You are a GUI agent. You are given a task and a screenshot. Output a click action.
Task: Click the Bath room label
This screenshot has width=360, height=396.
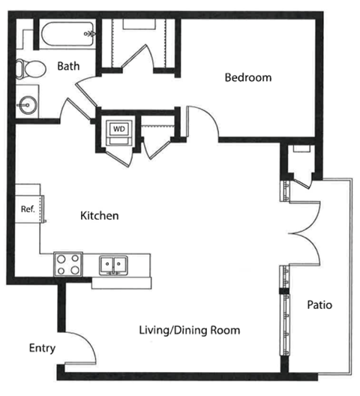click(x=68, y=66)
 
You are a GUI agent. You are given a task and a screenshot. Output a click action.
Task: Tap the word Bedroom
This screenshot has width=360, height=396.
click(x=248, y=77)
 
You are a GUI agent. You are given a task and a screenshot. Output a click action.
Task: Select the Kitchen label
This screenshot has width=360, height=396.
click(x=100, y=216)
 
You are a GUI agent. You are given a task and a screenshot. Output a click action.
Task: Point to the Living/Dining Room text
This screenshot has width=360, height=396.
click(x=190, y=330)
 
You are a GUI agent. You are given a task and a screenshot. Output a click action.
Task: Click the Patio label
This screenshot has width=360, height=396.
click(x=319, y=304)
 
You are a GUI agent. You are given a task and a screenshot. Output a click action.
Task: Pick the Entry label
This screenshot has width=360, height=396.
click(x=42, y=349)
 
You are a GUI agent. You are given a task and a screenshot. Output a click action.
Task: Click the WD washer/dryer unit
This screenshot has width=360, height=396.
click(x=119, y=133)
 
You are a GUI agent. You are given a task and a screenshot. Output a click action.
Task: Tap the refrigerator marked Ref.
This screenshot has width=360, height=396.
click(x=28, y=209)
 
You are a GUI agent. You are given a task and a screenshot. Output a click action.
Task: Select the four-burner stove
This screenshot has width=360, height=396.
click(x=68, y=265)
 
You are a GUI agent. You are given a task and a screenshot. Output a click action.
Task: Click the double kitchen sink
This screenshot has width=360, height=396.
click(x=113, y=265)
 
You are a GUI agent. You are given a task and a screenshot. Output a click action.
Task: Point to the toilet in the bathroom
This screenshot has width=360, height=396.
click(x=31, y=69)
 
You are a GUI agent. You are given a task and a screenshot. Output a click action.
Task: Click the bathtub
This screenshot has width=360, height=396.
click(x=67, y=34)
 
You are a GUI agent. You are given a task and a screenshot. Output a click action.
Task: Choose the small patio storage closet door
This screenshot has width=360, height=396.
click(x=302, y=184)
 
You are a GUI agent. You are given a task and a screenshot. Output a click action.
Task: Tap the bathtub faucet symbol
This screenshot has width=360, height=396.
click(x=90, y=33)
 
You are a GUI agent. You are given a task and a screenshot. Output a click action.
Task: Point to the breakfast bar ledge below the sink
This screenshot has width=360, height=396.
click(x=121, y=283)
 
